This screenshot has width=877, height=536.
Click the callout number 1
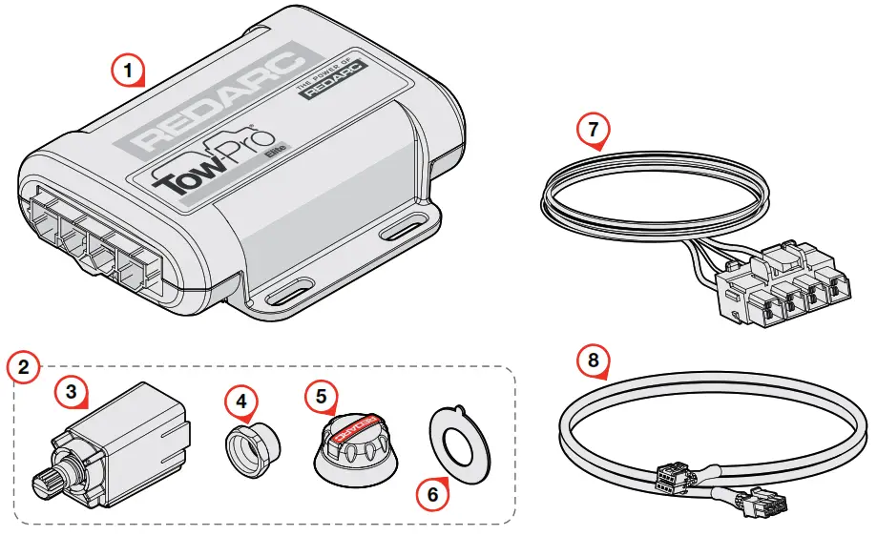click(129, 69)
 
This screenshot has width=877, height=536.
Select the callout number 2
click(24, 366)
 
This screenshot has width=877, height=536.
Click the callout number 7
click(594, 129)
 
